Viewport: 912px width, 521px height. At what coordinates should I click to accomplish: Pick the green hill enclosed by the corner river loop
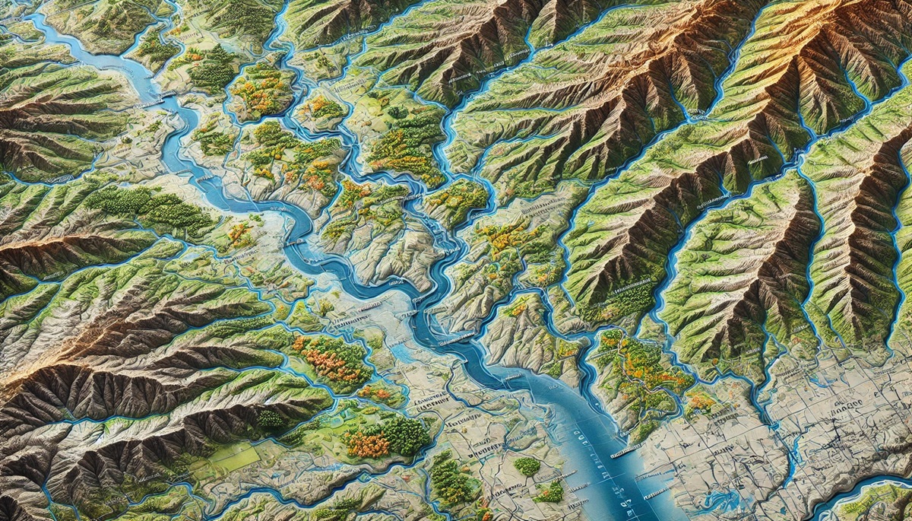tap(882, 502)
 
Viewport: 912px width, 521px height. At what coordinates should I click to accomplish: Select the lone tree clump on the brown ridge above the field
tap(270, 418)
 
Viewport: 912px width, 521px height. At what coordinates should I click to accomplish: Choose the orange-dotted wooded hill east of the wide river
tap(646, 373)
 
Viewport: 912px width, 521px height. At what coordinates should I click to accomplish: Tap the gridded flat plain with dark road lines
tap(821, 426)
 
